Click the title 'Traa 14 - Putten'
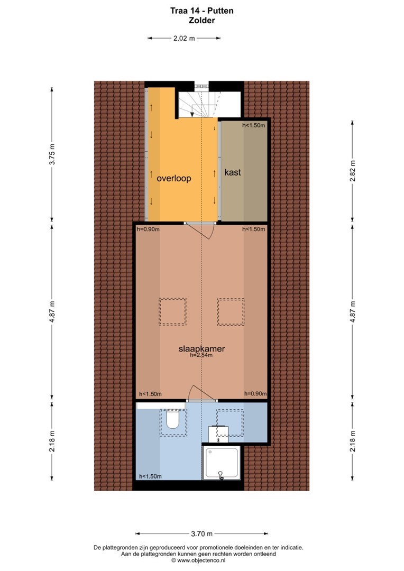[202, 11]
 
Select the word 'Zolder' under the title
[202, 21]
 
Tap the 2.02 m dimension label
[184, 38]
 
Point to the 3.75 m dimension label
[52, 154]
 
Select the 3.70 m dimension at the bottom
[202, 534]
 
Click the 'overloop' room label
[174, 179]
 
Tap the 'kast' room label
[233, 172]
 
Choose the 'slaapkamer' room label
[201, 348]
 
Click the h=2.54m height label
[201, 355]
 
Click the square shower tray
[222, 463]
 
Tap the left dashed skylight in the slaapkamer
[172, 312]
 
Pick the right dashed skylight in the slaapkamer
[231, 312]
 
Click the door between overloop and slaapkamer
[199, 229]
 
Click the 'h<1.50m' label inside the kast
[254, 125]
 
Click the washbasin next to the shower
[218, 434]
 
